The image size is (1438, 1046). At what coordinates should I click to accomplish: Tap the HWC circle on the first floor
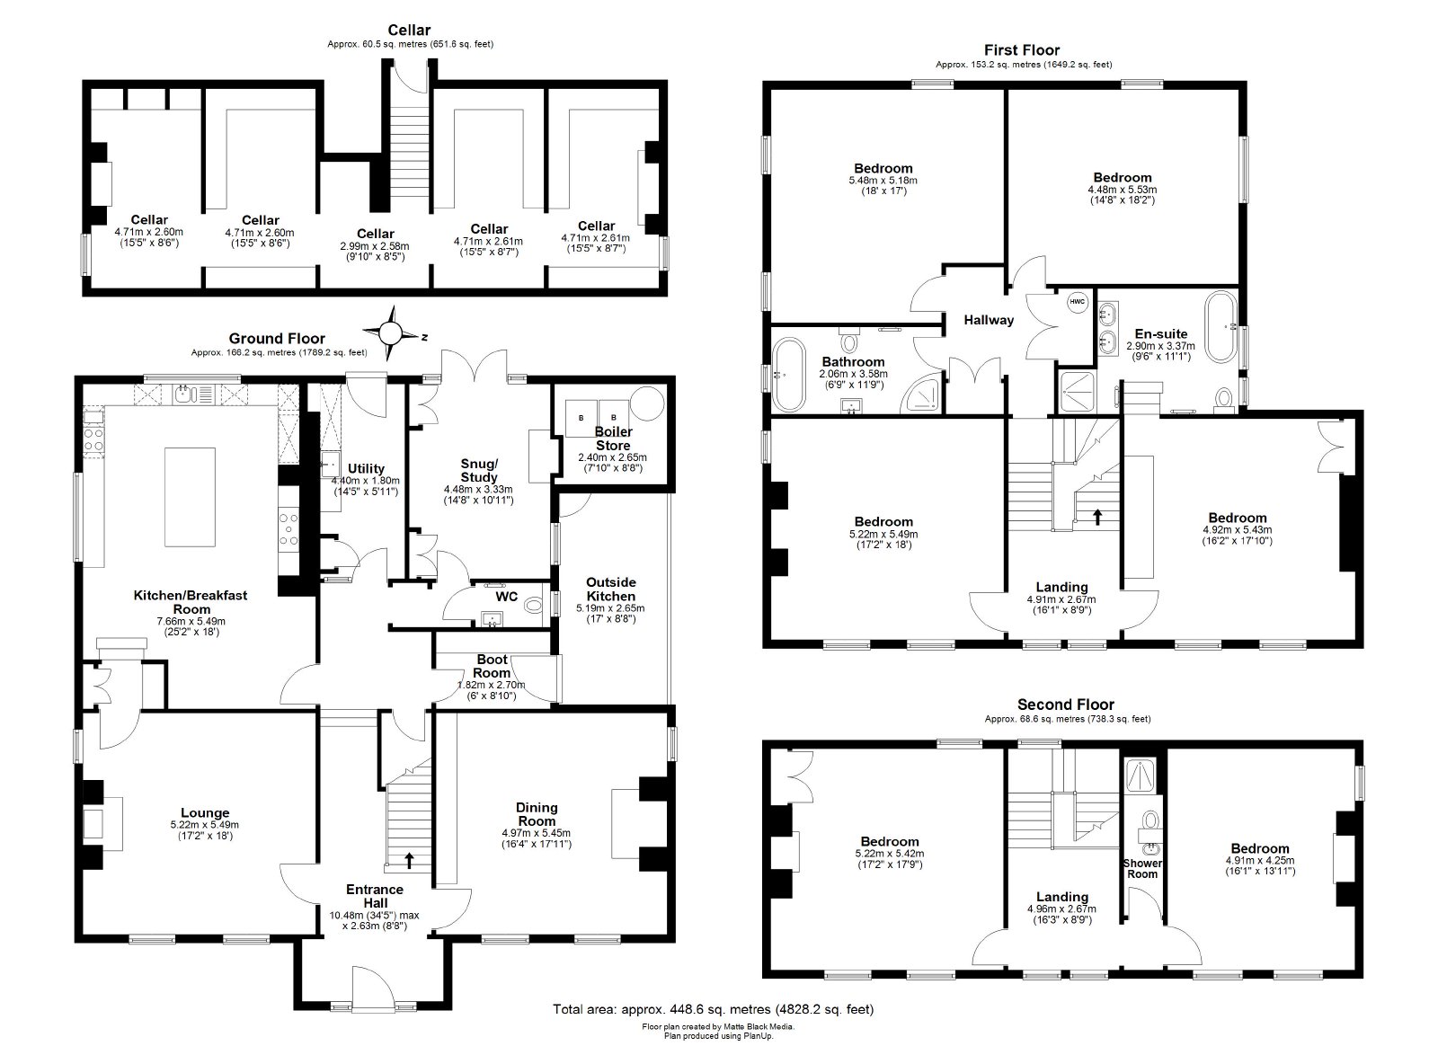tap(1078, 302)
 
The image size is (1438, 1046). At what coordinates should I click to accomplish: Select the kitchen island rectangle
tap(190, 497)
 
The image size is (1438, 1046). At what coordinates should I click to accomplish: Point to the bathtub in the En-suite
tap(1221, 327)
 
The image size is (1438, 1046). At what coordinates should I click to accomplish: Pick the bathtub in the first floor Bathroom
tap(788, 374)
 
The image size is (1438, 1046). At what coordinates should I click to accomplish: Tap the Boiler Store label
tap(613, 439)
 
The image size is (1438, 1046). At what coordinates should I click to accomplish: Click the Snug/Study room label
tap(479, 470)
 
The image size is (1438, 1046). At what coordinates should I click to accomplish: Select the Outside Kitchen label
tap(610, 589)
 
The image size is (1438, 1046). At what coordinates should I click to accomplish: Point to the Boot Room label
tap(492, 666)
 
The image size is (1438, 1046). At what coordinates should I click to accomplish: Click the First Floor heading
tap(1022, 50)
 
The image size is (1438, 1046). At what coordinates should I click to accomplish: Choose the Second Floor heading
tap(1066, 704)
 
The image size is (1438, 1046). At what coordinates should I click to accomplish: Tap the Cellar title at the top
tap(409, 30)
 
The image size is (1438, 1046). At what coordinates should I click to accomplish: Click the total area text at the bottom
tap(714, 1009)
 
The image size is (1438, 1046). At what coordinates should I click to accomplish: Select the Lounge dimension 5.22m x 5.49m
tap(205, 825)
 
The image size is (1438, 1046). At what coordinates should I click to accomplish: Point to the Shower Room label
tap(1142, 868)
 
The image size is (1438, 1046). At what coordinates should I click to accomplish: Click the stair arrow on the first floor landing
tap(1097, 517)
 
